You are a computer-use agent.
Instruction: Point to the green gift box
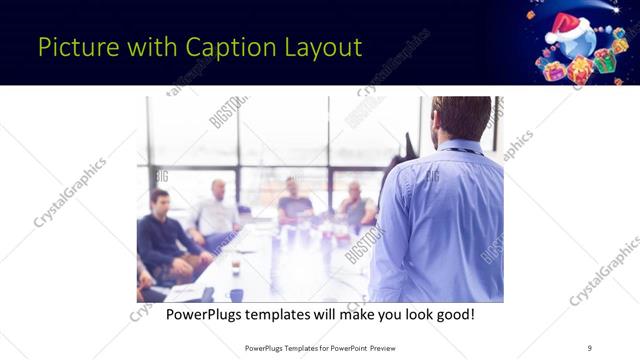[602, 63]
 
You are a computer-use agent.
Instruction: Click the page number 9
[590, 348]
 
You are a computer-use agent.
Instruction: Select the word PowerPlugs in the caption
[206, 315]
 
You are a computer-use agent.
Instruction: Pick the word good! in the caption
[453, 315]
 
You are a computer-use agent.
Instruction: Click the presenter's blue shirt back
[440, 220]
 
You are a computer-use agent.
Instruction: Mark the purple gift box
[554, 71]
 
